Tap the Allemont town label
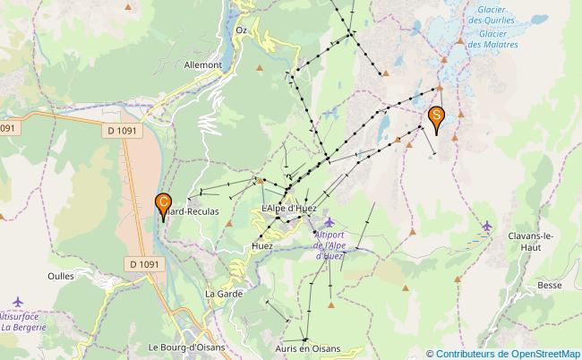tap(202, 64)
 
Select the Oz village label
tap(240, 30)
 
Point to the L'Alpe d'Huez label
tap(289, 209)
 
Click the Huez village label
tap(262, 245)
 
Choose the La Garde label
tap(223, 293)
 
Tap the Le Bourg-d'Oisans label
tap(187, 347)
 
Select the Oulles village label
tap(61, 276)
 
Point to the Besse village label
tap(550, 286)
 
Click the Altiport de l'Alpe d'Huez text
tap(336, 244)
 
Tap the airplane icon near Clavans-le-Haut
tap(487, 226)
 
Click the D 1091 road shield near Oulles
tap(143, 263)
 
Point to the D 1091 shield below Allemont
tap(116, 130)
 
